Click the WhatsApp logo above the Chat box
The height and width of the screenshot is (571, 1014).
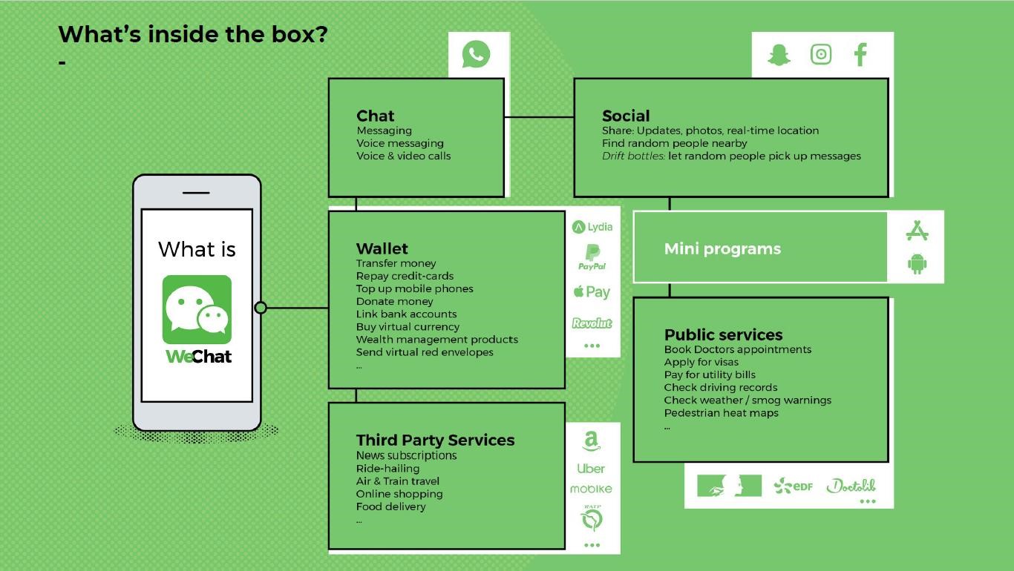click(x=476, y=54)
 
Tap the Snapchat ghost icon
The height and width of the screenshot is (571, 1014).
click(x=779, y=55)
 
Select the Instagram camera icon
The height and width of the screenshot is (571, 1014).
click(x=821, y=54)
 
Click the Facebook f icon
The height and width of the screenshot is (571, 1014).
click(x=860, y=55)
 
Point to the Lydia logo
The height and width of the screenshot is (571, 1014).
click(x=592, y=226)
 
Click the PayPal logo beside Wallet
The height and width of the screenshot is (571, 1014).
click(x=592, y=257)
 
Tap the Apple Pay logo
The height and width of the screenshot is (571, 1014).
click(x=592, y=292)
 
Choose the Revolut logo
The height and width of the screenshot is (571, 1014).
click(x=592, y=323)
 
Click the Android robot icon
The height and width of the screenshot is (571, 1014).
click(x=917, y=263)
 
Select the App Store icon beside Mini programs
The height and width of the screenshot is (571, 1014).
click(x=917, y=231)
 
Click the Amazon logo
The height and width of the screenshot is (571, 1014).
click(x=591, y=441)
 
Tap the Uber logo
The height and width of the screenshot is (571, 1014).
click(x=591, y=469)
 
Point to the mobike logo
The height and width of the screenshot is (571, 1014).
click(x=591, y=489)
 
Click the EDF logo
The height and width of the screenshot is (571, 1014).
click(x=793, y=486)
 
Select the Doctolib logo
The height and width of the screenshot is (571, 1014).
click(x=851, y=486)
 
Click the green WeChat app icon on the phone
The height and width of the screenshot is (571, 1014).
click(x=197, y=310)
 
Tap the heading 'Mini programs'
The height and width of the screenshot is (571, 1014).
click(x=722, y=248)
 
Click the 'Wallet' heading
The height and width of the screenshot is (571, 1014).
click(x=382, y=248)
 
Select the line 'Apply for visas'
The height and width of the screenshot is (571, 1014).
click(x=701, y=362)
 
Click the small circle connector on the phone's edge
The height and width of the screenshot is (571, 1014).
click(x=261, y=308)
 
